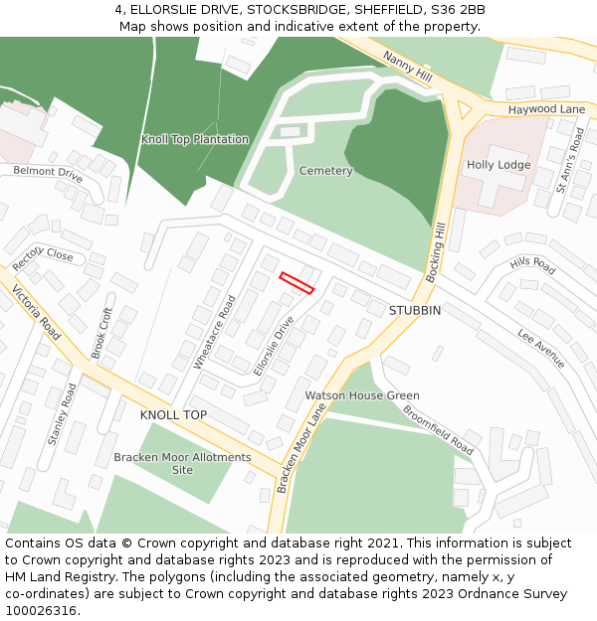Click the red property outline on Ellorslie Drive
pos(297,283)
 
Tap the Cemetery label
pos(325,171)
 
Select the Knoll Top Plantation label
pos(195,139)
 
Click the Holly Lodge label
pos(498,165)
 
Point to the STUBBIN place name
pos(414,310)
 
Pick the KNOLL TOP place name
pos(173,414)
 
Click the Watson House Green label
pos(362,395)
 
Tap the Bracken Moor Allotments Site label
pos(182,463)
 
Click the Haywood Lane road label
pos(546,108)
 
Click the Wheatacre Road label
pos(214,333)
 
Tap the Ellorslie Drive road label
pos(274,346)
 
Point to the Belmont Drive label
pos(48,172)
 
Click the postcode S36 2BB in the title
pos(457,9)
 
